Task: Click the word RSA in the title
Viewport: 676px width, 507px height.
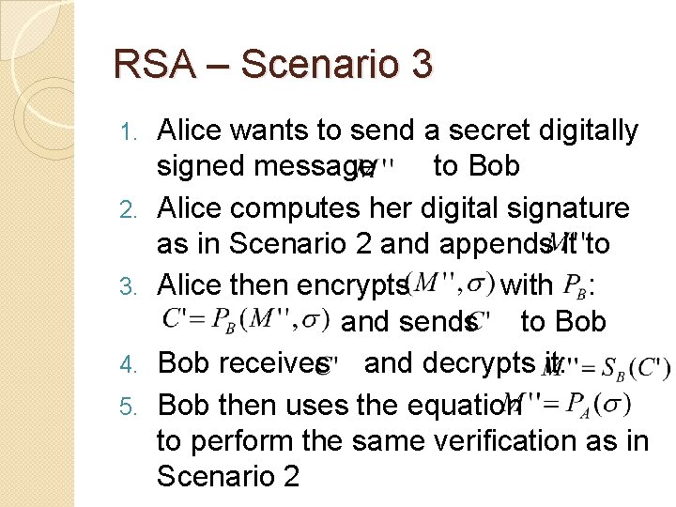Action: coord(145,64)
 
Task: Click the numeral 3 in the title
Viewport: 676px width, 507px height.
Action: coord(420,64)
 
